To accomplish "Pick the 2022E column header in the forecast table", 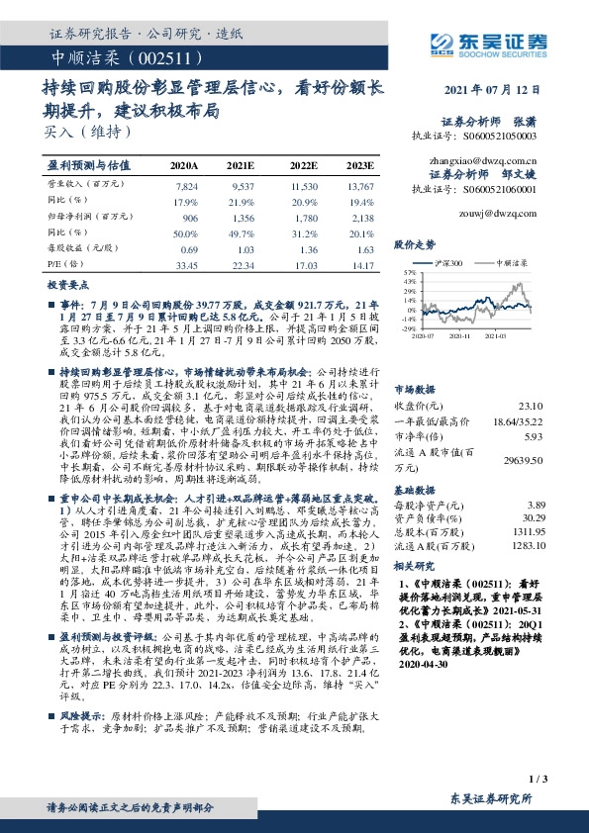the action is click(x=304, y=165).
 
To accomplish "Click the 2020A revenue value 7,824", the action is click(x=185, y=185).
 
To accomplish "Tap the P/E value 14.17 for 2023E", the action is click(x=361, y=264).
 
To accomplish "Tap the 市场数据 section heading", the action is click(x=415, y=389).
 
